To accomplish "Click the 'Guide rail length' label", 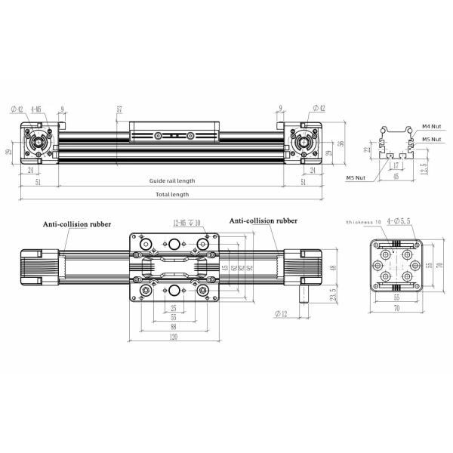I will click(x=172, y=181).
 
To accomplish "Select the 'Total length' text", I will click(x=172, y=194).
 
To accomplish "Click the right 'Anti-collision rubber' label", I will click(x=263, y=220).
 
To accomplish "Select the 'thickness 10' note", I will click(x=363, y=223).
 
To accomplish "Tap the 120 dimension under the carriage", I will click(x=174, y=338).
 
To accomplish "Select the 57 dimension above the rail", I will click(x=119, y=109).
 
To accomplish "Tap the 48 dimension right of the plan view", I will click(x=333, y=268).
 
